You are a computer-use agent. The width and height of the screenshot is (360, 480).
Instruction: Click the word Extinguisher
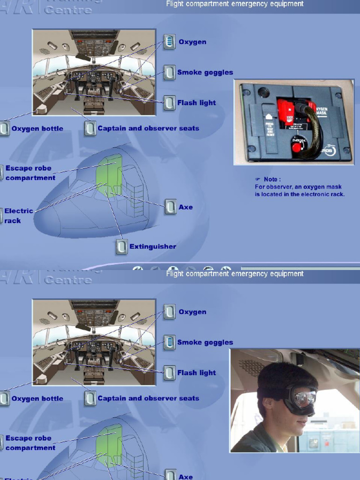pyautogui.click(x=153, y=247)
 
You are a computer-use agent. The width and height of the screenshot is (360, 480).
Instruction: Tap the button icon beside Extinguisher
pyautogui.click(x=121, y=247)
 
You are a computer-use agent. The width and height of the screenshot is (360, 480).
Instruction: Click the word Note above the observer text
pyautogui.click(x=272, y=179)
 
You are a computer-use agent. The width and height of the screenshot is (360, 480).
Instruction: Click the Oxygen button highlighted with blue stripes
pyautogui.click(x=169, y=42)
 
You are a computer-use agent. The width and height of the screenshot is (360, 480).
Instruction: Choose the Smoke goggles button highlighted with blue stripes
pyautogui.click(x=169, y=343)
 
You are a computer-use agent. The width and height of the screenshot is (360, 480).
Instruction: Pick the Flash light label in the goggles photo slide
pyautogui.click(x=196, y=373)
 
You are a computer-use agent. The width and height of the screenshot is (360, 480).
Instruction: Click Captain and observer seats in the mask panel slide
pyautogui.click(x=148, y=128)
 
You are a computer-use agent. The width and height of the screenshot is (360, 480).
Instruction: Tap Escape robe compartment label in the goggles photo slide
pyautogui.click(x=30, y=443)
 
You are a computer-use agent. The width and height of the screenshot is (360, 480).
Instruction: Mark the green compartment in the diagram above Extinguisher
pyautogui.click(x=109, y=173)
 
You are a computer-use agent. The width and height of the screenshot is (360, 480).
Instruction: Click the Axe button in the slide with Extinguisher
pyautogui.click(x=170, y=207)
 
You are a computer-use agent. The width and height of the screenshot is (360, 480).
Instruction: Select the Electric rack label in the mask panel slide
pyautogui.click(x=19, y=216)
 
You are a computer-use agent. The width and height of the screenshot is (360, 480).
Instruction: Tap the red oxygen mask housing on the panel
pyautogui.click(x=287, y=111)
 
